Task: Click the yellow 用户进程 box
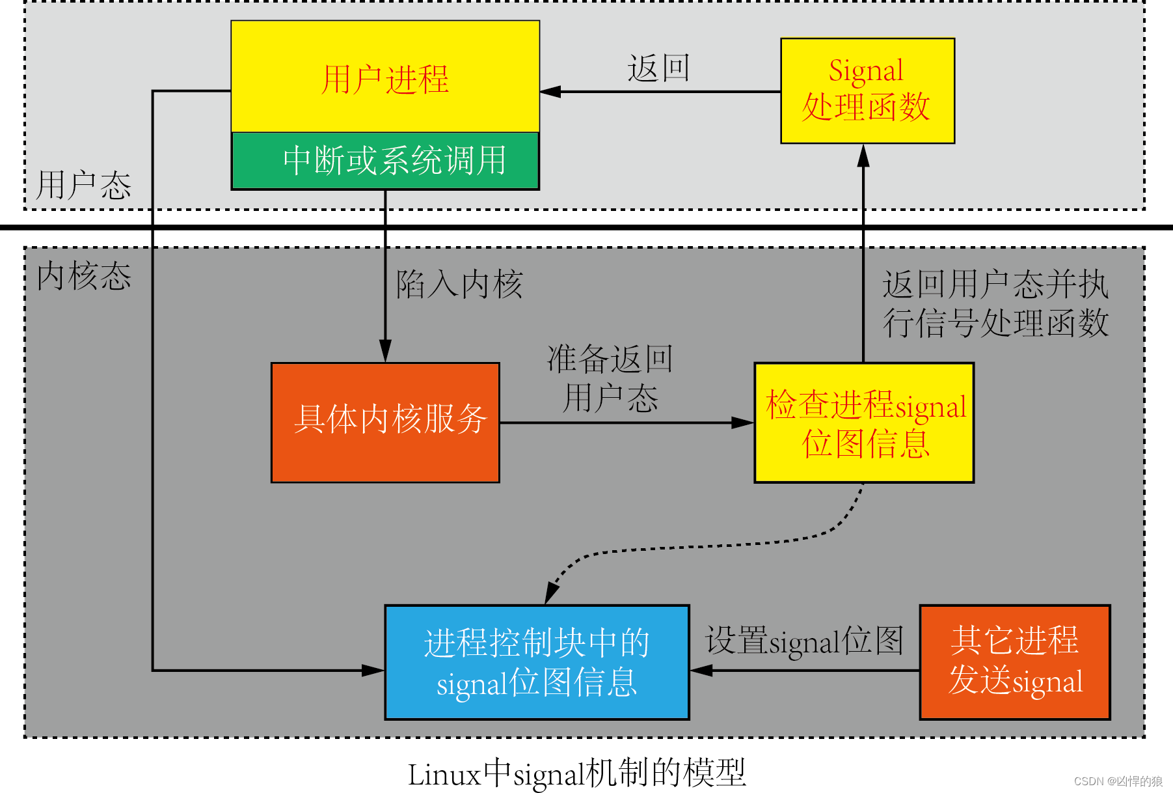click(385, 77)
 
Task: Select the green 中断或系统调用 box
click(385, 161)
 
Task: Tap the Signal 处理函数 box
click(867, 90)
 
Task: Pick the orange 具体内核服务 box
click(385, 422)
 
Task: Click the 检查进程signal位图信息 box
click(864, 422)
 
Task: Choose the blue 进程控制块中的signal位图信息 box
click(537, 662)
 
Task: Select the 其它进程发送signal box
click(1014, 662)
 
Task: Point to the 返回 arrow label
click(658, 68)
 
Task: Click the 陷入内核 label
click(459, 285)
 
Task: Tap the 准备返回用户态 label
click(610, 378)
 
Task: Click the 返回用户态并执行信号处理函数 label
click(995, 303)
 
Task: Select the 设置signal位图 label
click(804, 641)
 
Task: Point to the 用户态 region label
click(83, 186)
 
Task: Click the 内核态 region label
click(83, 276)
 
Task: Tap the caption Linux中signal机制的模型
click(576, 773)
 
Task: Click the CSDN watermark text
click(1118, 781)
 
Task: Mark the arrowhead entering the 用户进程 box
click(550, 92)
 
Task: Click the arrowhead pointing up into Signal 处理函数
click(863, 155)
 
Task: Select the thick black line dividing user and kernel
click(586, 227)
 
